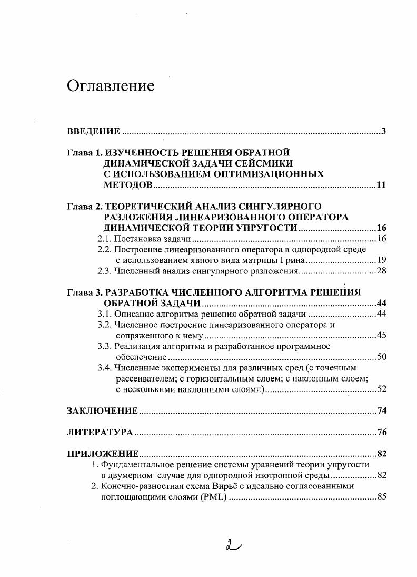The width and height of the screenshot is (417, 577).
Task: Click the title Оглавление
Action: pos(111,86)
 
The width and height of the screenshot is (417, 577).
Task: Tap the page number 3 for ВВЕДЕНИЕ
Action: pos(384,131)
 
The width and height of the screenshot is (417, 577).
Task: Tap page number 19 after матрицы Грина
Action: pos(382,260)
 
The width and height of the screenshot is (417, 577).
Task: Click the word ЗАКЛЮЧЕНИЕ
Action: pos(103,411)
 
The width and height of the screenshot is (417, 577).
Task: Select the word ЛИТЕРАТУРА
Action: pos(100,433)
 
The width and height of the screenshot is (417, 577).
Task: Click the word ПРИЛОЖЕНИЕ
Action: pos(103,454)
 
